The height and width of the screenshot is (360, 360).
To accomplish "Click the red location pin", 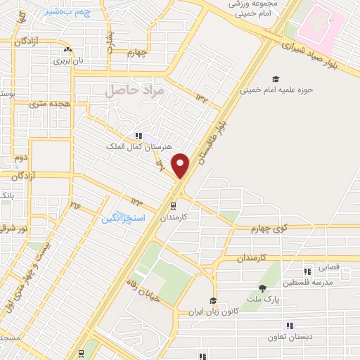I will pos(181,166).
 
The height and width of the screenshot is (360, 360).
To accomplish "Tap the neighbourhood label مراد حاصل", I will pos(134,91).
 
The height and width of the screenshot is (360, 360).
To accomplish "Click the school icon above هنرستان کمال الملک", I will pos(138,135).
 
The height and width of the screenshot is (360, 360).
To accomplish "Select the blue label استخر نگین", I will pos(123,219).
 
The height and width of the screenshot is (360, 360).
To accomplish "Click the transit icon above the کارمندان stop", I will pos(172,206).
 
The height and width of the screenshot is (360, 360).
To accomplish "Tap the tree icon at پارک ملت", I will pos(262,288).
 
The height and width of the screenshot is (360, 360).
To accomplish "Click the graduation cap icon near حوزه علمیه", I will pos(276,79).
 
